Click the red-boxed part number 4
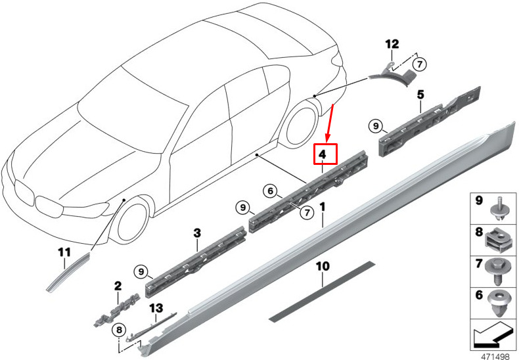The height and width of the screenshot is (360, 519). click(x=325, y=154)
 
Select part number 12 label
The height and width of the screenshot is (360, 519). click(x=392, y=45)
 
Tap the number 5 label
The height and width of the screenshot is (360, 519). click(x=420, y=95)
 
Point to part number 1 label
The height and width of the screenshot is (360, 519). click(x=323, y=207)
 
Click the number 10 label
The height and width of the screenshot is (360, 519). click(x=322, y=267)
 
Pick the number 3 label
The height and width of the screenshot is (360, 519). click(x=196, y=233)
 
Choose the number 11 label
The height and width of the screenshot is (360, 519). click(x=64, y=253)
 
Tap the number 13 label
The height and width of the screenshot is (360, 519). click(x=156, y=307)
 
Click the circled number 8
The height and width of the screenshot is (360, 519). click(x=119, y=329)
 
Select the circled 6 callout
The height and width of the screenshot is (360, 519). click(x=269, y=191)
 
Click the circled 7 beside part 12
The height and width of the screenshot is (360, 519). click(x=420, y=64)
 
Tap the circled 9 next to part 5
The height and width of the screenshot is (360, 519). click(x=375, y=125)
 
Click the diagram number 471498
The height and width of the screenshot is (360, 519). click(x=493, y=355)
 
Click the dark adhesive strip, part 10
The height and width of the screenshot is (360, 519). click(x=322, y=291)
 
